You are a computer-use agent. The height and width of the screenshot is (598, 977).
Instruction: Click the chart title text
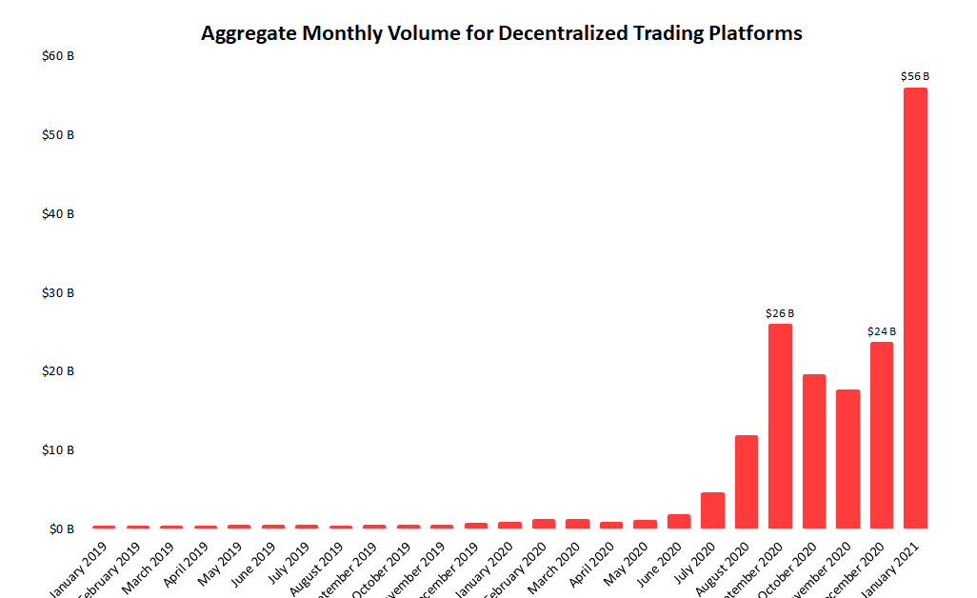click(x=502, y=33)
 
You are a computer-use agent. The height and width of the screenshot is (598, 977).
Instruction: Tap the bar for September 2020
click(x=780, y=426)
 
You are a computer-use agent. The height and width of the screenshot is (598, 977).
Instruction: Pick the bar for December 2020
click(x=882, y=434)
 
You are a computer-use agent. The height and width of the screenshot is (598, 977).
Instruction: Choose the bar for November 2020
click(x=847, y=458)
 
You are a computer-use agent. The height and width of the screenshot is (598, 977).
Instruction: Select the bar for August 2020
click(x=747, y=481)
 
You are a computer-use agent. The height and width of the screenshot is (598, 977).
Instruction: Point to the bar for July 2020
click(x=712, y=509)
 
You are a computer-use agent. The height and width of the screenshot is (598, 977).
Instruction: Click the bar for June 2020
click(x=679, y=521)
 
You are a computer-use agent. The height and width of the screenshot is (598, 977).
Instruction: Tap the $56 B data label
click(x=915, y=76)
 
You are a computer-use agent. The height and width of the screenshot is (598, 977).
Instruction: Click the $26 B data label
click(x=780, y=313)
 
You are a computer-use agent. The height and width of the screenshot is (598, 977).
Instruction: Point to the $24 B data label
click(x=882, y=331)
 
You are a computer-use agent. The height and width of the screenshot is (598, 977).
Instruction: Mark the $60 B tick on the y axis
click(x=59, y=56)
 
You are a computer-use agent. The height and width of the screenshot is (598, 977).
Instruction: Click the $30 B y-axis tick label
click(x=59, y=292)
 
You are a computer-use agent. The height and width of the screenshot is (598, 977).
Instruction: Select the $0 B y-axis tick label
click(x=62, y=528)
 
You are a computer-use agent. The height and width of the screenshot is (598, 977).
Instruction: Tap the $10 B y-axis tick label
click(x=59, y=449)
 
